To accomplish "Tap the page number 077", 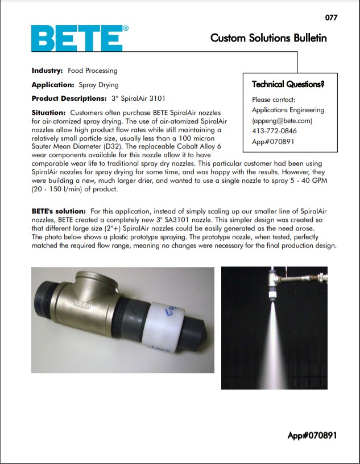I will (331, 18).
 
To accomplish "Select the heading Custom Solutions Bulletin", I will (268, 38).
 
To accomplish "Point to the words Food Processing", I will (92, 71).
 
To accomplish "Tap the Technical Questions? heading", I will (288, 85).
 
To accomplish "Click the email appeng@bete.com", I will (283, 121).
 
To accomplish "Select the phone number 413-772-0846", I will (274, 131).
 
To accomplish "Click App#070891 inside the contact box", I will (273, 141).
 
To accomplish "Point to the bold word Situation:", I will (49, 113).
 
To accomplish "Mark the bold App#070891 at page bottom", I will (312, 436).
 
